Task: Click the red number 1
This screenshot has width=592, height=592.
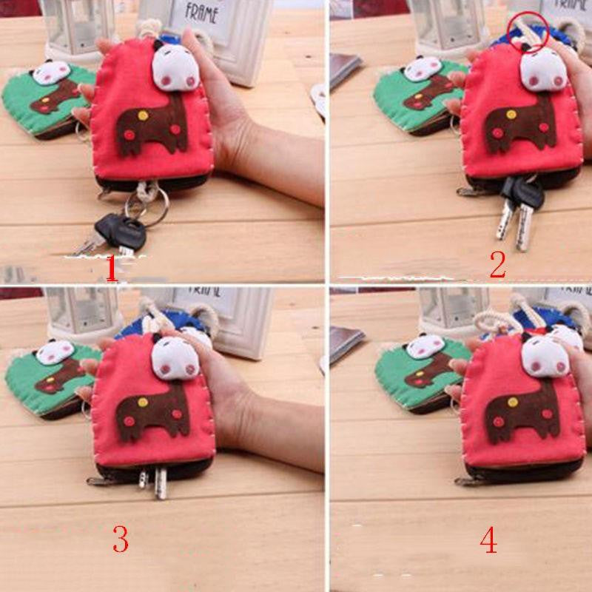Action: click(x=112, y=269)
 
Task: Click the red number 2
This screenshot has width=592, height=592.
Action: click(x=497, y=265)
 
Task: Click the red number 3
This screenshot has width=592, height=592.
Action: click(x=120, y=540)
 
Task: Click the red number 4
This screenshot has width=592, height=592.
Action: click(x=488, y=541)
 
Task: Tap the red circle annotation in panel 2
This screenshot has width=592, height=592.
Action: click(x=525, y=32)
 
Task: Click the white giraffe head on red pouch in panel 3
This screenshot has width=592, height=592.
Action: click(x=175, y=357)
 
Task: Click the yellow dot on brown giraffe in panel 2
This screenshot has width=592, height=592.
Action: click(x=511, y=115)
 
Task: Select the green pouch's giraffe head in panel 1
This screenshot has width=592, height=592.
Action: click(x=50, y=73)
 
